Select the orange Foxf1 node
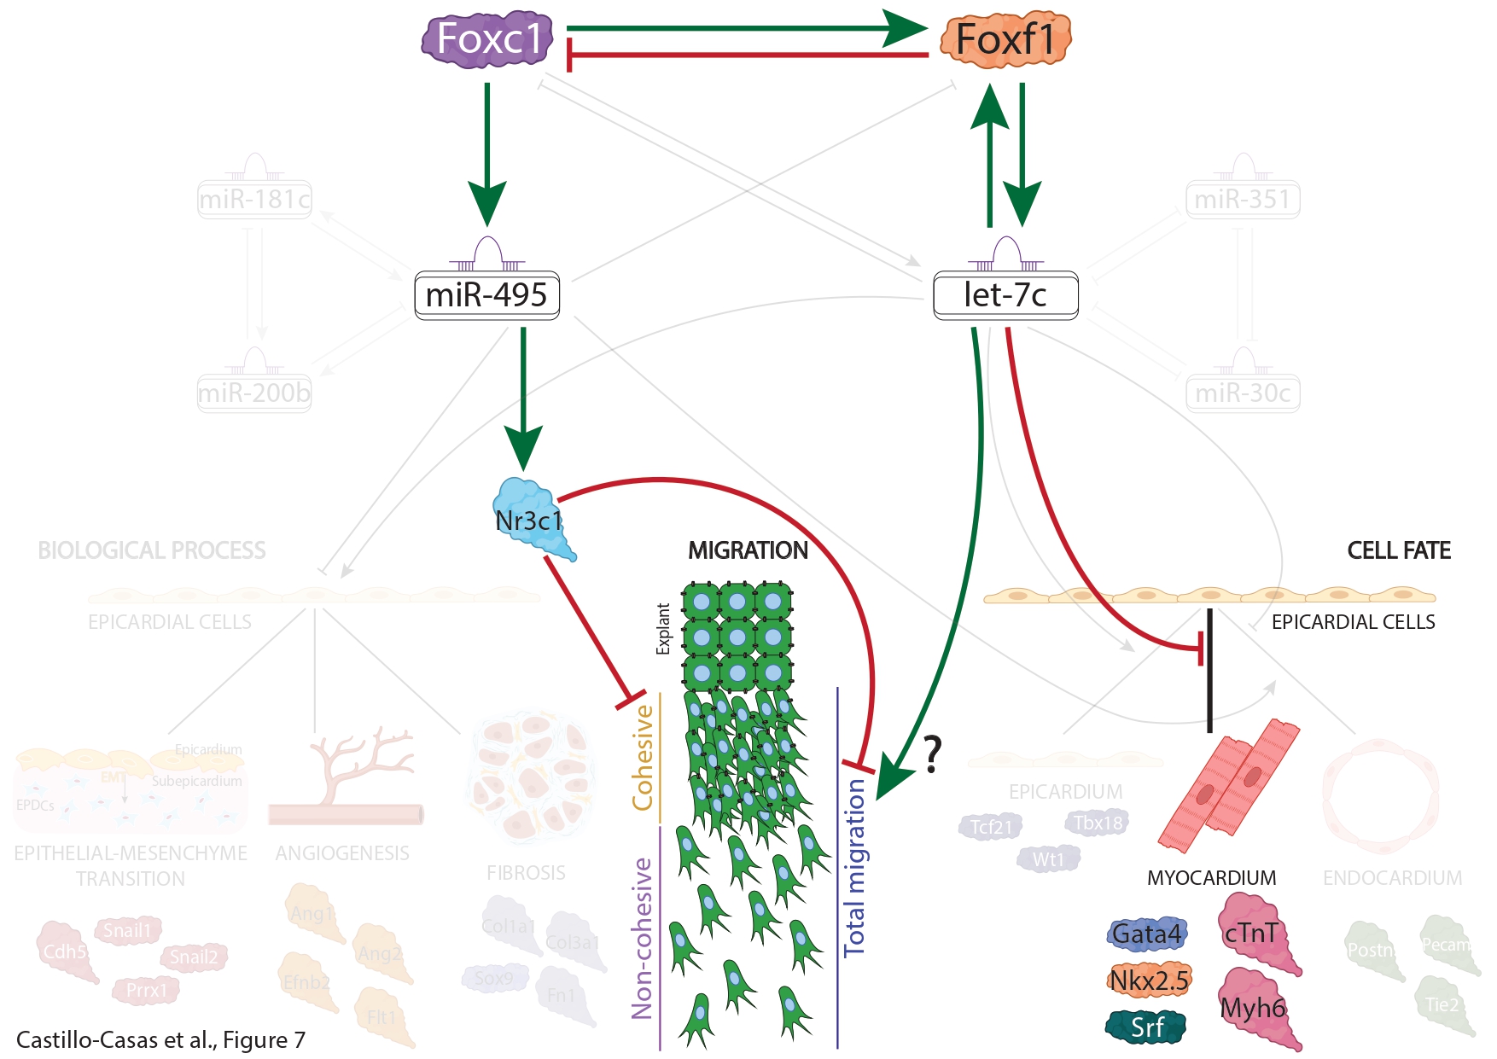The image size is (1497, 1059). [x=1005, y=39]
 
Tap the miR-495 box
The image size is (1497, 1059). [x=486, y=295]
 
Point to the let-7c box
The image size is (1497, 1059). [x=1005, y=295]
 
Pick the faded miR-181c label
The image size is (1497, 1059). [x=254, y=200]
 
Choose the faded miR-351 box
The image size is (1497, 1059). [x=1243, y=200]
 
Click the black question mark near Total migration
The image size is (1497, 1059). [x=933, y=754]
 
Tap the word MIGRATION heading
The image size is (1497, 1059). [x=748, y=550]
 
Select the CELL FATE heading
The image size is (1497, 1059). [x=1399, y=550]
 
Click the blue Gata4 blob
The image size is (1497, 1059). [x=1146, y=934]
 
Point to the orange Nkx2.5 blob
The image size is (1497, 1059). [x=1149, y=980]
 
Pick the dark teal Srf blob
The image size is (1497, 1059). [x=1146, y=1027]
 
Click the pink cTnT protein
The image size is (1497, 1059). [x=1252, y=933]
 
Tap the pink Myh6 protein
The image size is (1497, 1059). [x=1252, y=1008]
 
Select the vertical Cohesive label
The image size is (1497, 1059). [x=643, y=758]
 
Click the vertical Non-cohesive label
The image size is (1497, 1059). [x=643, y=939]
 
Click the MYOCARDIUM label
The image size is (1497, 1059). [x=1211, y=878]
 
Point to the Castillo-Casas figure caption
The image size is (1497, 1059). [x=160, y=1039]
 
